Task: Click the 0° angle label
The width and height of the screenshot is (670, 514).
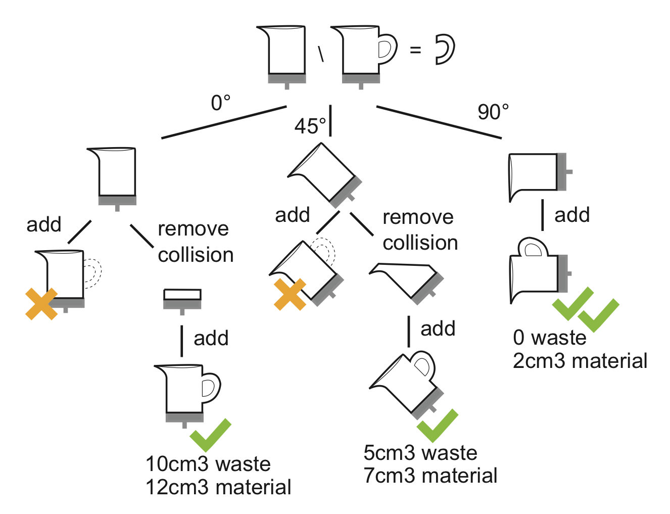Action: click(220, 103)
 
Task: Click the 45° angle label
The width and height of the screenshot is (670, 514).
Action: click(310, 126)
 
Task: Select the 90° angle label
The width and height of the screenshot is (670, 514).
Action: click(493, 112)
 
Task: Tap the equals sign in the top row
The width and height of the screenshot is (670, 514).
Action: click(415, 50)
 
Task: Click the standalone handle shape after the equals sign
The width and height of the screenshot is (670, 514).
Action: click(445, 50)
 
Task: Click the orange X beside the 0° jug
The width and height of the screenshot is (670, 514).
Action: click(41, 304)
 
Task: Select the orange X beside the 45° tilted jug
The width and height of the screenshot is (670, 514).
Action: click(290, 294)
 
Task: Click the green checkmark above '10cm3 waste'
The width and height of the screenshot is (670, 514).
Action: click(211, 434)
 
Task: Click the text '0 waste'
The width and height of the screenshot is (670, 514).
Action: click(549, 338)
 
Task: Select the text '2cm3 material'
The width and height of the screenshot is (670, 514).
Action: click(580, 361)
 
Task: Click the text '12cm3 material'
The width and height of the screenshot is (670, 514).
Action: click(218, 487)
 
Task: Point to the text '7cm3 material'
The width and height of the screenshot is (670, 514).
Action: click(430, 476)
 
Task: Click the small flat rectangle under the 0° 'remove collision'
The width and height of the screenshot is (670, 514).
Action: click(182, 295)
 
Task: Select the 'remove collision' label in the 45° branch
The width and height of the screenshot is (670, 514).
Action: click(419, 230)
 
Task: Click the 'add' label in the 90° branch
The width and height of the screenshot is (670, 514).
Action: click(571, 215)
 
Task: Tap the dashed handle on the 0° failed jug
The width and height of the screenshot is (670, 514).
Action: click(92, 273)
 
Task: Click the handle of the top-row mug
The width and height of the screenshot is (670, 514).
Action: click(387, 49)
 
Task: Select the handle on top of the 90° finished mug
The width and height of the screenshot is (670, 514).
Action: click(533, 248)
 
